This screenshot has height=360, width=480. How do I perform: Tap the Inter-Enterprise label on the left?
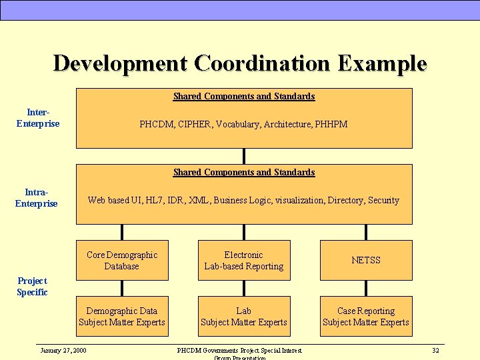[38, 118]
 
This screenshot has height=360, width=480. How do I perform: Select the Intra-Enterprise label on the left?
[37, 198]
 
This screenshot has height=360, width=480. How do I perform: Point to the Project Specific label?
[32, 287]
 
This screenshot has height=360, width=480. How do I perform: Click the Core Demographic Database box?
[122, 260]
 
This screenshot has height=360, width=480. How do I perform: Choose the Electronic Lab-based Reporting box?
[244, 260]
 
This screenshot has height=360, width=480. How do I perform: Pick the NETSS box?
[366, 260]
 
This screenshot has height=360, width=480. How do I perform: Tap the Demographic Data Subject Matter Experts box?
[122, 317]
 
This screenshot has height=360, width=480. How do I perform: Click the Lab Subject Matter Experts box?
[244, 317]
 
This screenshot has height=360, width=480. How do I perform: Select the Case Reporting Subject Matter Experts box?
[366, 317]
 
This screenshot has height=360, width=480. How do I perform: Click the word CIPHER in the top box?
[195, 124]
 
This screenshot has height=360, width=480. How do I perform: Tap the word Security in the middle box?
[383, 200]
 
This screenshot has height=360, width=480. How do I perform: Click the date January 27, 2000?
[63, 350]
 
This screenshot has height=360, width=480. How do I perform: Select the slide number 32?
[435, 350]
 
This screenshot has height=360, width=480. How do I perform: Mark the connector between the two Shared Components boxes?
[244, 156]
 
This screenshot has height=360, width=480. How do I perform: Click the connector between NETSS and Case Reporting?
[366, 288]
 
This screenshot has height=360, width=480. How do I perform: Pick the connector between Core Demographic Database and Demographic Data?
[122, 288]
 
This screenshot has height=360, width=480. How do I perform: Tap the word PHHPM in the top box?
[331, 124]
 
